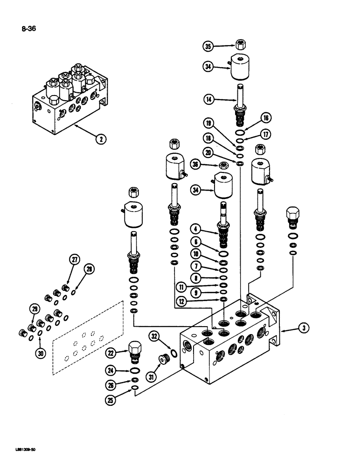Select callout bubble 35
(x=208, y=46)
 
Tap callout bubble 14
(x=208, y=99)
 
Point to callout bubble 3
(x=304, y=329)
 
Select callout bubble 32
(x=154, y=336)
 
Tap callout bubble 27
(x=74, y=260)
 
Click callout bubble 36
(x=196, y=164)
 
